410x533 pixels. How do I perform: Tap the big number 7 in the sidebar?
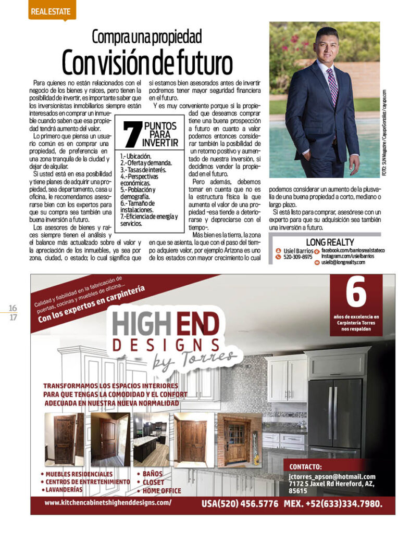point(132,135)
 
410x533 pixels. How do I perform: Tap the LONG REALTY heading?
point(330,242)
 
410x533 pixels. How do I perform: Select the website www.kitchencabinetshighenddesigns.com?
point(108,503)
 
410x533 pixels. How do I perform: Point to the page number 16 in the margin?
point(13,308)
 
